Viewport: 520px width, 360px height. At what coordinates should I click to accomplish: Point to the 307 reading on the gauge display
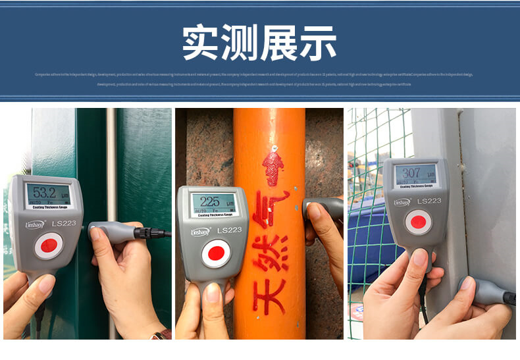[411, 174]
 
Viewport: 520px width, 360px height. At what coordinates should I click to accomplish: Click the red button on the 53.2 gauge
[48, 246]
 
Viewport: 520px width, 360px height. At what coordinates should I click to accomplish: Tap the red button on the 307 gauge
[418, 222]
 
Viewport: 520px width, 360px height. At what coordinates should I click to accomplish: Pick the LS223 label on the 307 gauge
[429, 201]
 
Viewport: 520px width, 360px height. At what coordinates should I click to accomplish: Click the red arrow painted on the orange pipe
[272, 165]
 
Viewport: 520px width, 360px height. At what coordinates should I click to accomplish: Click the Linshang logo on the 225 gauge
[199, 231]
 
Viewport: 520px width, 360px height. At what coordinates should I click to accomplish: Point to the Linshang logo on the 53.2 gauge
[34, 224]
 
